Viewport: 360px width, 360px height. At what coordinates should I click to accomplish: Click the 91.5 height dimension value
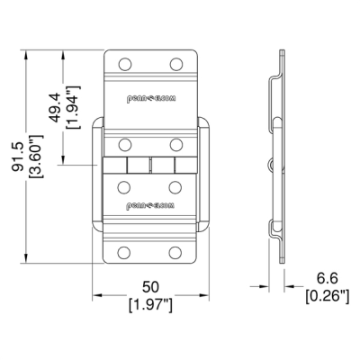(18, 157)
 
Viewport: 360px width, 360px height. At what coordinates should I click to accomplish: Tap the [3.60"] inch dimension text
(36, 157)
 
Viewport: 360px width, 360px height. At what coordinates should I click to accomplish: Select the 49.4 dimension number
(55, 108)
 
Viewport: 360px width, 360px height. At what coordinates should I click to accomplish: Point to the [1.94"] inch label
(73, 107)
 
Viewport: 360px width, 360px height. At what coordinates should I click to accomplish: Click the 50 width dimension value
(150, 287)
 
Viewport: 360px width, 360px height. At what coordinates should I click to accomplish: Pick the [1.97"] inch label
(150, 305)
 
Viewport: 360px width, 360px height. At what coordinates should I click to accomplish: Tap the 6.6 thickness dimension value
(328, 278)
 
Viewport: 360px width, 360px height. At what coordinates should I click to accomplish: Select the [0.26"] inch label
(328, 296)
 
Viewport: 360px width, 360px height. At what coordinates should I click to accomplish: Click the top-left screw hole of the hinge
(125, 64)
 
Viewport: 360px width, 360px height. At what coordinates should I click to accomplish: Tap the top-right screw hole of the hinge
(176, 64)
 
